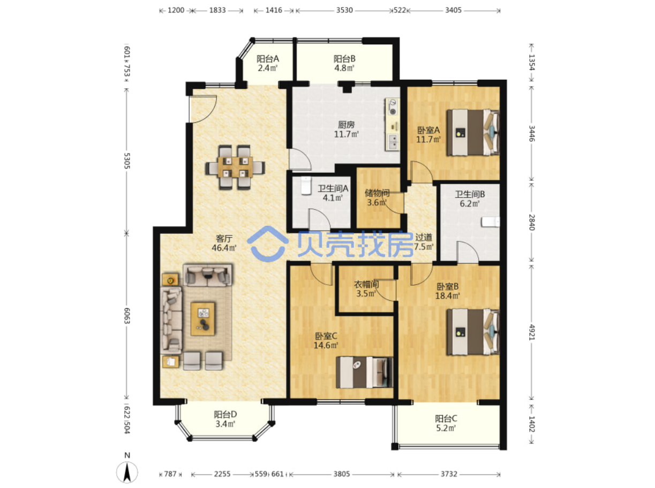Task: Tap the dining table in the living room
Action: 235,167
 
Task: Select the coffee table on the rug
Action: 203,319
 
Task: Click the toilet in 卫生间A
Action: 306,186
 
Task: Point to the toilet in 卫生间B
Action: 491,222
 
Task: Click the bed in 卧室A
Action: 473,132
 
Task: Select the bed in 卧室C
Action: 364,372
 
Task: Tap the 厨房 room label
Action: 346,125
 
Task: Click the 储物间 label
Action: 377,193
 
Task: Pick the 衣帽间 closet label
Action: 366,284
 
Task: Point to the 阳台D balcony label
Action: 225,414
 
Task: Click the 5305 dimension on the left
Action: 127,161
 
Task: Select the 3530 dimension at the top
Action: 345,10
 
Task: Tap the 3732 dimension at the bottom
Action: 449,474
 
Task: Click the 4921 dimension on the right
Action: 532,332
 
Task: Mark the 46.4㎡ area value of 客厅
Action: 224,248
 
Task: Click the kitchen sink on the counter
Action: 392,142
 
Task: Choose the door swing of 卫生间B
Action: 468,252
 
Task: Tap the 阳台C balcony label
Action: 446,418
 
